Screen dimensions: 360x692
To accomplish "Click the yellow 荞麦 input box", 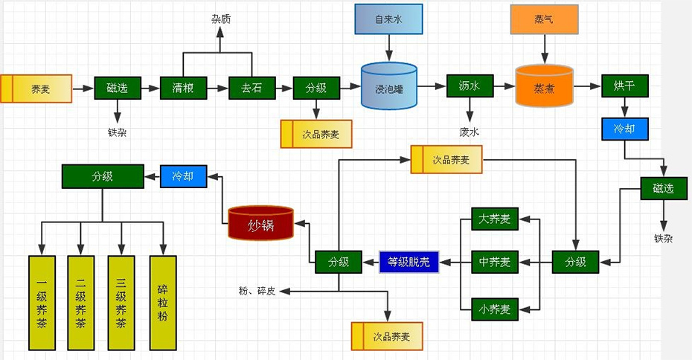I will tap(36, 89).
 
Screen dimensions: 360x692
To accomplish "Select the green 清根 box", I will tap(183, 88).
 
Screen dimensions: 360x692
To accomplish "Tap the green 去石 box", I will tap(251, 88).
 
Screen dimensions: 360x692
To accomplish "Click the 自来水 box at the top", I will tap(388, 19).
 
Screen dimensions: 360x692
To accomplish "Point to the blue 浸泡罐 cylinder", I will tap(388, 89).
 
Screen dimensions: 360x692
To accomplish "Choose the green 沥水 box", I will tap(470, 86).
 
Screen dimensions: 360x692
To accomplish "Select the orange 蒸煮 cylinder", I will tap(544, 87).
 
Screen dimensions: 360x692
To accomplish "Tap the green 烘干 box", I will tap(624, 86).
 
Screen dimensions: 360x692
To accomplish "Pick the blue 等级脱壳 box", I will tap(409, 262).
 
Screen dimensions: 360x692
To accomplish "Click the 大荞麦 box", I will tap(495, 219).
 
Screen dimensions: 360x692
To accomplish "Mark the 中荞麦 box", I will tap(495, 262).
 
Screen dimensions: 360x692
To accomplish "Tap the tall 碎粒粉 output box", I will tap(163, 303).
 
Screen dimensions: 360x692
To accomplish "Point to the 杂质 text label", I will tap(221, 19).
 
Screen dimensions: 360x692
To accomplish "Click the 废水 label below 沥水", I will tap(470, 132).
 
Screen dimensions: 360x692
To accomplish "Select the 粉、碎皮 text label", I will tap(257, 291).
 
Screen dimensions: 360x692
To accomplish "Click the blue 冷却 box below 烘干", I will tap(624, 129).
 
